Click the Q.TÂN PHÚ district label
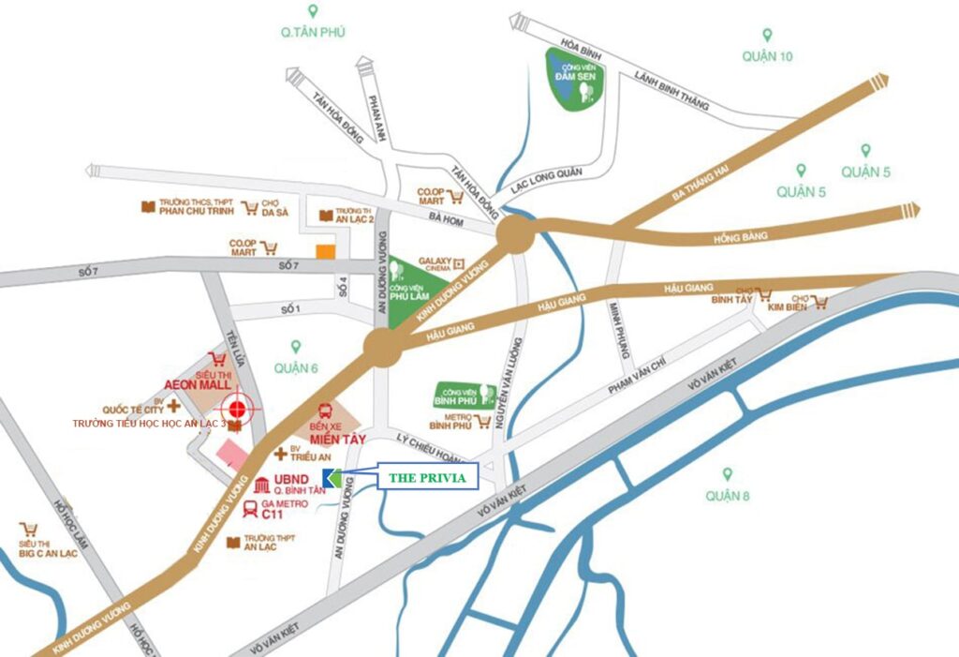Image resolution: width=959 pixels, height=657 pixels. point(313,32)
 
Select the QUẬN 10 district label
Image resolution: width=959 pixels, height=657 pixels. point(767,56)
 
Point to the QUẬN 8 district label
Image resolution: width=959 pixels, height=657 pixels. point(728,495)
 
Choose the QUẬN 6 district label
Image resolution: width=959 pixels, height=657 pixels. point(296,368)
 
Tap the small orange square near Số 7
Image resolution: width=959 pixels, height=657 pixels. point(325,251)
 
